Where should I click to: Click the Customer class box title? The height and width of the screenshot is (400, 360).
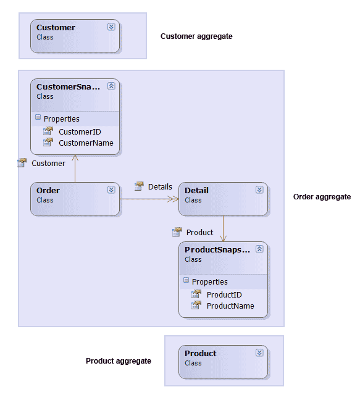point(56,27)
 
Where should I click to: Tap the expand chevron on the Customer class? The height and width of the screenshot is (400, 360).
point(111,27)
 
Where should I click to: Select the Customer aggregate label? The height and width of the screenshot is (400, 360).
point(196,36)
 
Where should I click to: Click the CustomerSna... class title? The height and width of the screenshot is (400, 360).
point(67,86)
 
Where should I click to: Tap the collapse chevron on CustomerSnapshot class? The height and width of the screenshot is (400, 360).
point(111,86)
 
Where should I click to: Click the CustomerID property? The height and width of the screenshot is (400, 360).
point(80,131)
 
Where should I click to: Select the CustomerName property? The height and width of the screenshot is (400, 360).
point(86,143)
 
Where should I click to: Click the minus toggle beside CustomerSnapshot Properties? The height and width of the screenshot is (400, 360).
point(38,118)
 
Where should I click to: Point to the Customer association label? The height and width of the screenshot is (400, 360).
point(48,163)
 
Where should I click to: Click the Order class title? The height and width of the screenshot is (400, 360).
point(48,190)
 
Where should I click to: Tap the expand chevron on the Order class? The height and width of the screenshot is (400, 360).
point(111,190)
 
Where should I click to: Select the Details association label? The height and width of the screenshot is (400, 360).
point(160,186)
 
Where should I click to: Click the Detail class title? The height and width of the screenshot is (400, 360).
point(196,190)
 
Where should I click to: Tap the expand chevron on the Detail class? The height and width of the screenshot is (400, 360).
point(259,190)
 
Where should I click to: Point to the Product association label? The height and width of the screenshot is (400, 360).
point(199,232)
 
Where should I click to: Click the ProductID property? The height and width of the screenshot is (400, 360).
point(224,294)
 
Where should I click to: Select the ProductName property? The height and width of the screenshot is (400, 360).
point(230,306)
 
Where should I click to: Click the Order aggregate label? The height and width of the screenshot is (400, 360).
point(322,197)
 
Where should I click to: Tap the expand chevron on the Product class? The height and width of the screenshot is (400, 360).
point(259,352)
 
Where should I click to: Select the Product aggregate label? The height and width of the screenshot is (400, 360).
point(118,361)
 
